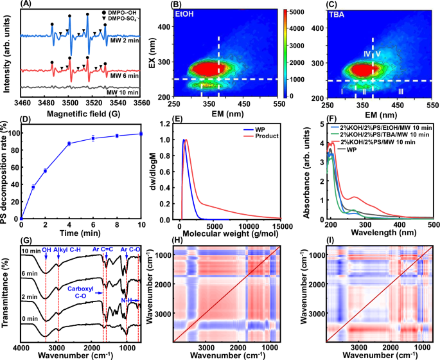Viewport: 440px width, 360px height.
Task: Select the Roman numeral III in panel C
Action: [401, 93]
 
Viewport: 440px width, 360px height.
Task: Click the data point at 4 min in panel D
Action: [69, 143]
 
